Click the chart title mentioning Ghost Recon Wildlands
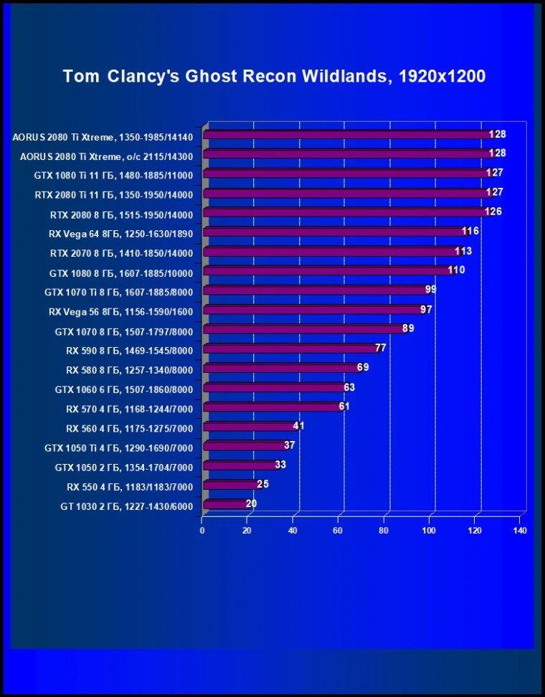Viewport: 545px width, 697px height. tap(274, 77)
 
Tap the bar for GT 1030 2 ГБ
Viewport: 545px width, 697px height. tap(227, 504)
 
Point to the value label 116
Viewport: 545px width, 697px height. tap(470, 231)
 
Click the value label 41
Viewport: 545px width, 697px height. tap(299, 426)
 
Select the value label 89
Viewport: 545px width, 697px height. tap(408, 328)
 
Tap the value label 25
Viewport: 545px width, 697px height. tap(262, 483)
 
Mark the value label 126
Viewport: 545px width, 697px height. tap(493, 212)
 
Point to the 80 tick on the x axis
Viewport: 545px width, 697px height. tap(384, 531)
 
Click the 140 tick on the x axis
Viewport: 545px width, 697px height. tap(520, 531)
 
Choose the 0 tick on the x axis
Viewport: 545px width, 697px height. tap(202, 531)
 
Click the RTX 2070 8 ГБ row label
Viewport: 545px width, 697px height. tap(121, 253)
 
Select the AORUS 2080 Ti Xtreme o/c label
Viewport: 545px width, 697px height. tap(107, 156)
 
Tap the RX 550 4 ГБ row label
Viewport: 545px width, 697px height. tap(130, 487)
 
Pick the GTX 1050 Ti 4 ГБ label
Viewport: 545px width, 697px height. tap(119, 448)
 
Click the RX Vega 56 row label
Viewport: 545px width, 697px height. tap(121, 312)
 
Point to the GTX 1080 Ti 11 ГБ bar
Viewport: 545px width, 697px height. tap(350, 174)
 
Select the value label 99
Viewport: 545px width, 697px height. tap(430, 290)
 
